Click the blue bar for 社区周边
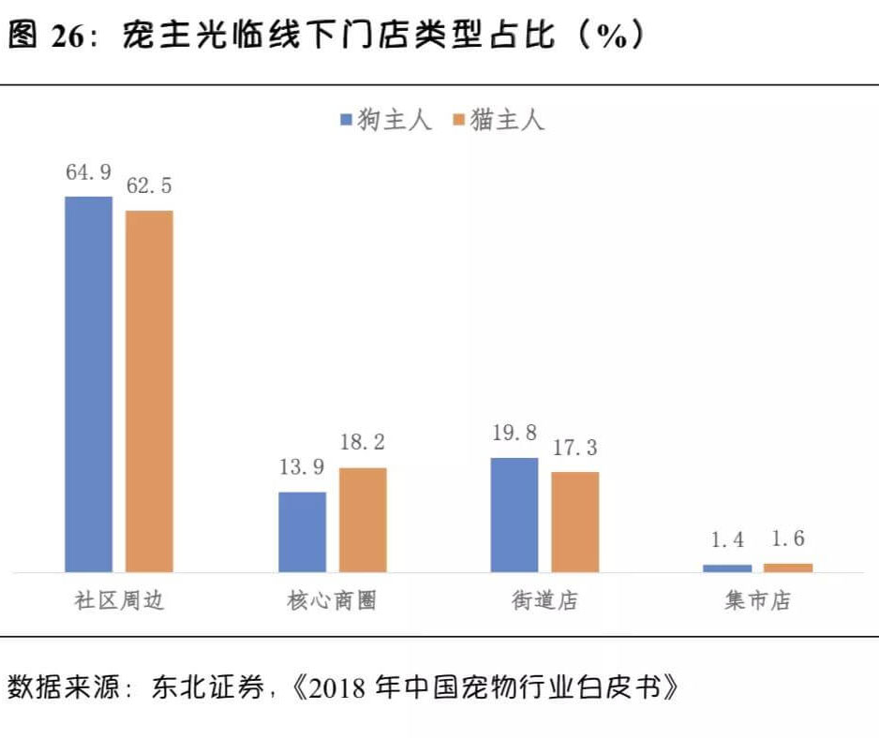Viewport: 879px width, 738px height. point(89,384)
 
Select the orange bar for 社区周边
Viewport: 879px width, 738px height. point(149,391)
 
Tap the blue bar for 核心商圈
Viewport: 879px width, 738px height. point(302,532)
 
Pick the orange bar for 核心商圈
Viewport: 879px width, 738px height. point(363,520)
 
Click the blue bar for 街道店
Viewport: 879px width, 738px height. point(514,515)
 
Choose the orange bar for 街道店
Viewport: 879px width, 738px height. point(575,523)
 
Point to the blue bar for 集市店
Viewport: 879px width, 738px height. point(727,568)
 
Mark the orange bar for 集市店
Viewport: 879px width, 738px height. point(788,568)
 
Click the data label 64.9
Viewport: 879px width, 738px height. point(89,172)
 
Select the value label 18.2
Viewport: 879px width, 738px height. point(363,442)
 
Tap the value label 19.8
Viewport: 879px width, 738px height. point(514,433)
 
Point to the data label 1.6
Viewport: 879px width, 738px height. point(788,539)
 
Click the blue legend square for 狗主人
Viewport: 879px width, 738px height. point(347,119)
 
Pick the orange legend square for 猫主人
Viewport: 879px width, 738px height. point(459,119)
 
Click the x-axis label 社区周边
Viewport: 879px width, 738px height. point(119,600)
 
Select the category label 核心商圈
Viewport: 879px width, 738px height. point(332,600)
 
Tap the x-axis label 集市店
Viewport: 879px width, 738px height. point(757,600)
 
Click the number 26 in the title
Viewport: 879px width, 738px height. point(67,37)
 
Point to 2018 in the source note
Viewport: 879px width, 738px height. point(336,687)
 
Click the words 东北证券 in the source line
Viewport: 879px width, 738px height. point(207,687)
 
